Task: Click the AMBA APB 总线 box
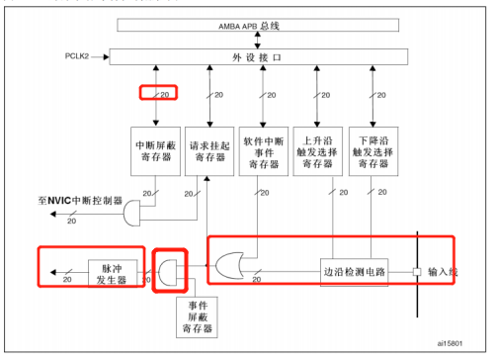click(x=261, y=25)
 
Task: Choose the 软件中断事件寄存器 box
click(x=265, y=152)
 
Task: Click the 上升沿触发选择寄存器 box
click(x=319, y=152)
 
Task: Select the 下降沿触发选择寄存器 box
click(x=373, y=152)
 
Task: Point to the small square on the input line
click(x=417, y=270)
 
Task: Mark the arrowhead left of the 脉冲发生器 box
click(x=47, y=268)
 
